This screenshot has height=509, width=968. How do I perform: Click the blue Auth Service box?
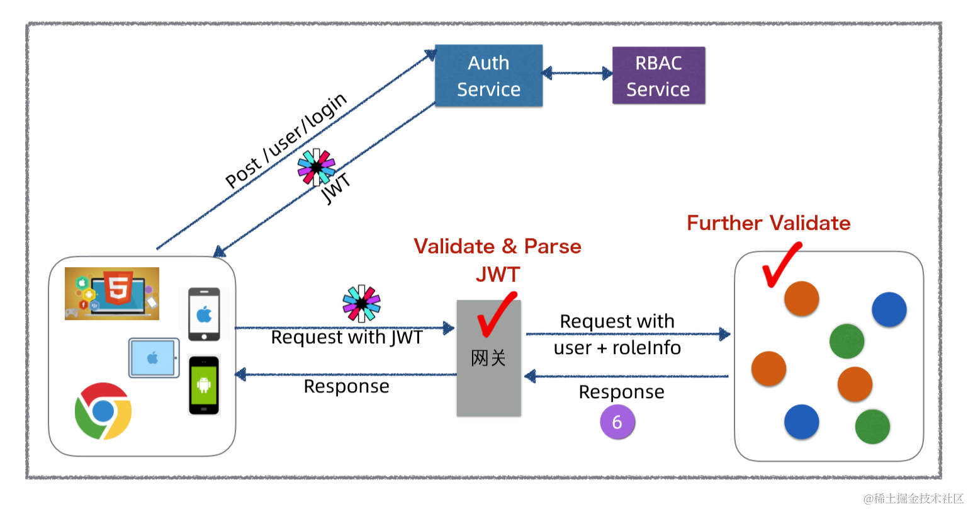pos(488,76)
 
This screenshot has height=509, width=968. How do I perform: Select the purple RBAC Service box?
pos(658,76)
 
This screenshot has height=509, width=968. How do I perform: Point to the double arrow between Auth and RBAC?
pos(577,74)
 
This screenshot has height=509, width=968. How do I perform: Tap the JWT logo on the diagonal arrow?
pos(316,167)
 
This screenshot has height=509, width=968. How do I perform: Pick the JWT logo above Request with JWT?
pos(361,304)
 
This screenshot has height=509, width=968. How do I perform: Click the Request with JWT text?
pos(346,338)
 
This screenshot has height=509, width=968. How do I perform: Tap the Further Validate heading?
pos(768,223)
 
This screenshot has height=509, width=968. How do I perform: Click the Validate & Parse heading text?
pos(497,246)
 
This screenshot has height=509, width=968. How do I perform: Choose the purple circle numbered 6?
pos(617,422)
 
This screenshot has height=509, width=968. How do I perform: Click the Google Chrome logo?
pos(103,411)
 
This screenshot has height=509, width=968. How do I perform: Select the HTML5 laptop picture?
pos(112,294)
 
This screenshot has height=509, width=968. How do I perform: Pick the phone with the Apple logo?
pos(205,314)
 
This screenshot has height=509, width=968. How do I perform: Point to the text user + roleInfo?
pos(617,348)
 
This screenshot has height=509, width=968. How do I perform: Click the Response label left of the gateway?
pos(346,386)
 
